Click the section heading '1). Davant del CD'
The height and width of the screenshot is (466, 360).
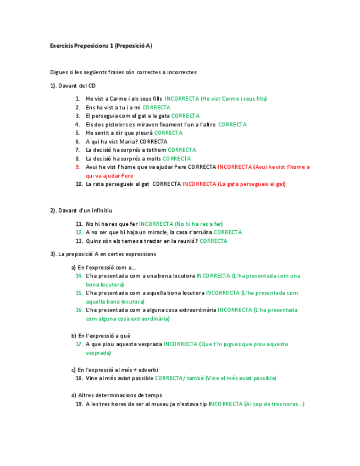(73, 86)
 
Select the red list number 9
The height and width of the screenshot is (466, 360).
(77, 167)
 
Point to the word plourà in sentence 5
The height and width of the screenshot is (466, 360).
(144, 133)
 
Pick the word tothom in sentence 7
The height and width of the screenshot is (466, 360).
(157, 150)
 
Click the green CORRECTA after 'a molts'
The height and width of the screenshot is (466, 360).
(176, 159)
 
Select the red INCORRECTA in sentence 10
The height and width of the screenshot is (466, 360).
(199, 184)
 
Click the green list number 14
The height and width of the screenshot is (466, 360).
(79, 276)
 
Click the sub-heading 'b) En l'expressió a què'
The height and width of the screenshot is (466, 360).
(101, 336)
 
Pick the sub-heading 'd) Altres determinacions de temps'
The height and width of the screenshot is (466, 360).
(117, 395)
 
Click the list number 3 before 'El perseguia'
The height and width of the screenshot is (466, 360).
(78, 116)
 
